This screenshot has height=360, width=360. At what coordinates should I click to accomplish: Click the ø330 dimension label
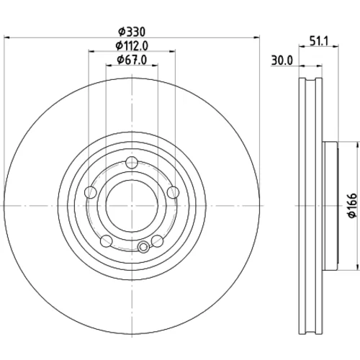pyautogui.click(x=132, y=32)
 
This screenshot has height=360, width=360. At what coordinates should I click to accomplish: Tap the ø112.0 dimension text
pyautogui.click(x=132, y=46)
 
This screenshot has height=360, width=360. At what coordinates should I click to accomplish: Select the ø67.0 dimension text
pyautogui.click(x=132, y=60)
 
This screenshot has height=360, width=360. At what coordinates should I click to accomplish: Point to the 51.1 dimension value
pyautogui.click(x=319, y=41)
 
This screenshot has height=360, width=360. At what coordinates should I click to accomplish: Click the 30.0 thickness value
pyautogui.click(x=282, y=60)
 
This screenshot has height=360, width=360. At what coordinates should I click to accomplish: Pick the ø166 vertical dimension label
pyautogui.click(x=352, y=205)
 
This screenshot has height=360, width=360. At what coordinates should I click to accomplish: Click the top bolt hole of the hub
pyautogui.click(x=132, y=163)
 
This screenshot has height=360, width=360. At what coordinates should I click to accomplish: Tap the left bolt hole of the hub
pyautogui.click(x=91, y=192)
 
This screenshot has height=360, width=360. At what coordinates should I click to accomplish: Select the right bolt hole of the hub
pyautogui.click(x=173, y=192)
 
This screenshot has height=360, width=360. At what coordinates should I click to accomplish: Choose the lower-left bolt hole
pyautogui.click(x=107, y=241)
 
